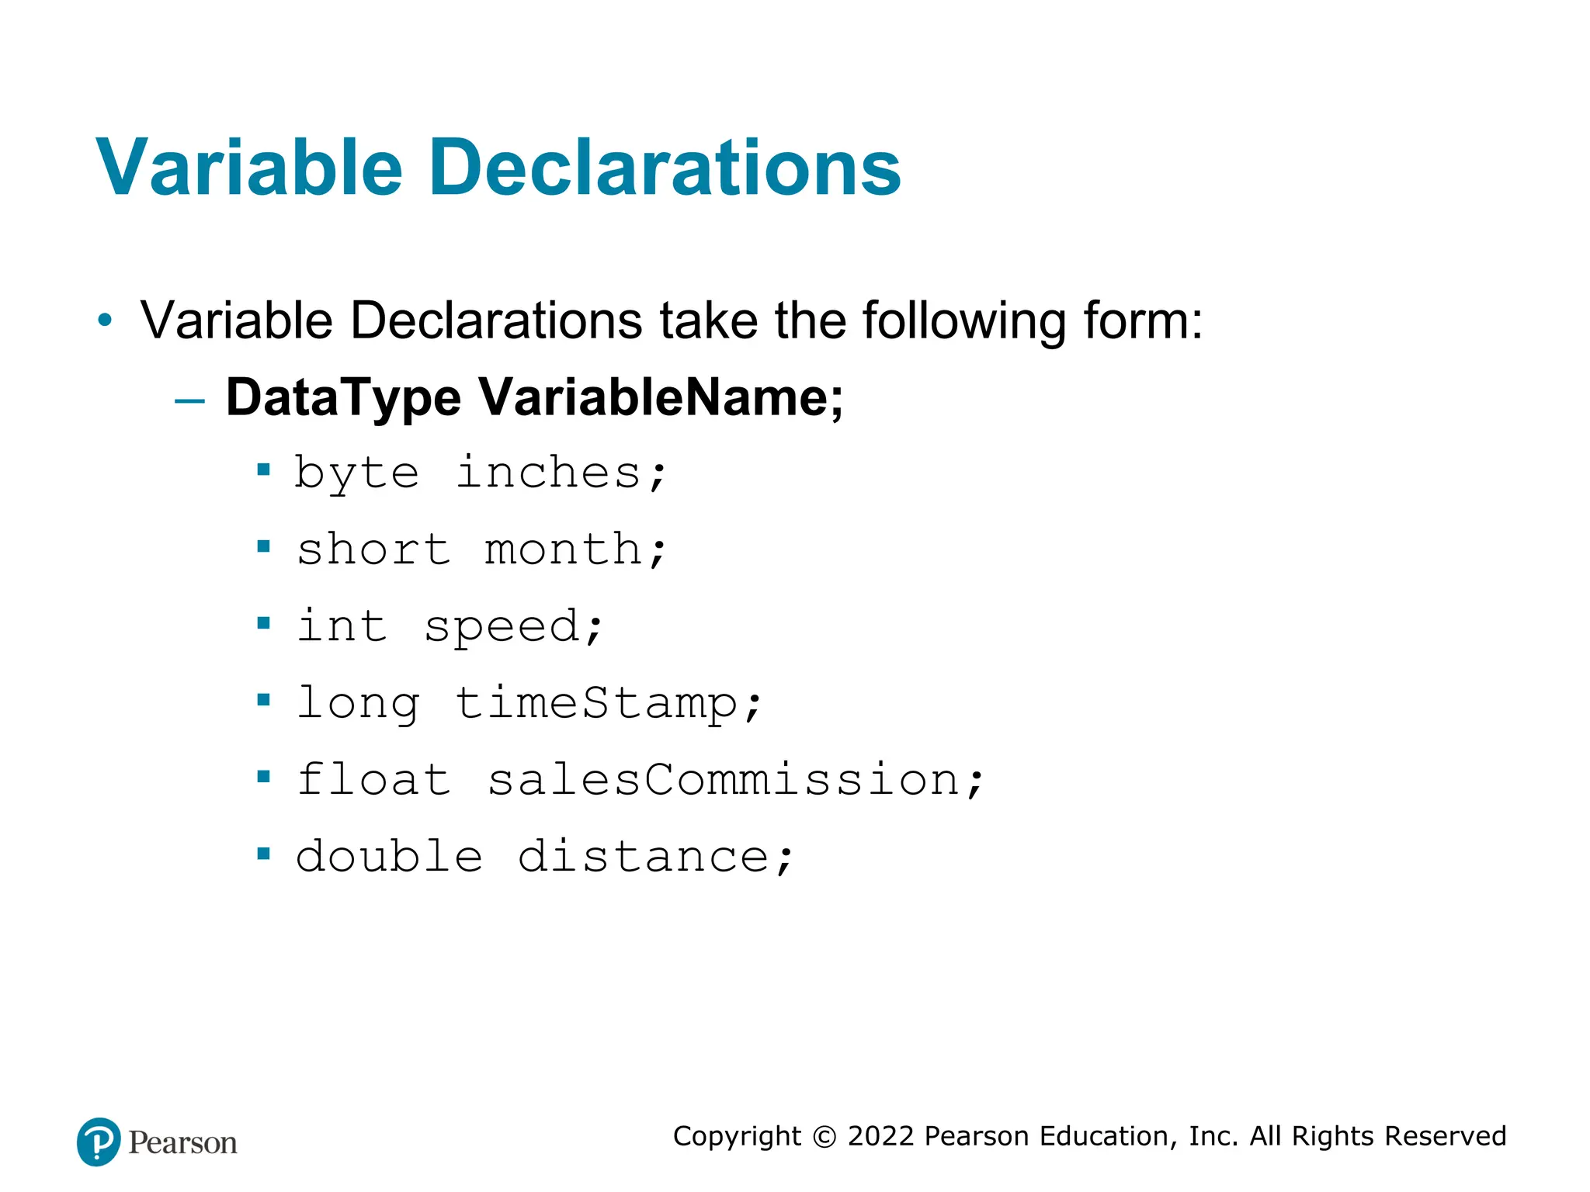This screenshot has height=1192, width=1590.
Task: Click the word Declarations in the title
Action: pos(665,168)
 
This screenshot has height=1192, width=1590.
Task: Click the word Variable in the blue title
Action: pos(249,168)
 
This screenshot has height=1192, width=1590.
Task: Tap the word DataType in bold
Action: pos(343,397)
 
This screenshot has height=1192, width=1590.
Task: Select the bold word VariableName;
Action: pos(661,397)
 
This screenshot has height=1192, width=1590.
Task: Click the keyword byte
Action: pos(357,473)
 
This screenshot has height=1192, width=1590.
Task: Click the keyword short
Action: pos(373,549)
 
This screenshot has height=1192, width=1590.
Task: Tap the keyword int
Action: pos(342,625)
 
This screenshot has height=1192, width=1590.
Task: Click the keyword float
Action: pos(373,779)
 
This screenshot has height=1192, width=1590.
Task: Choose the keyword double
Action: pos(389,856)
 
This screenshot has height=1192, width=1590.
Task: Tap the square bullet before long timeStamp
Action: pos(264,700)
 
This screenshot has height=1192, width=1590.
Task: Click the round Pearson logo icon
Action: pos(99,1142)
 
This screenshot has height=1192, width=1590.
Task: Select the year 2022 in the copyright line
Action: pos(880,1136)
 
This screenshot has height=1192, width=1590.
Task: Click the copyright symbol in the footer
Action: pos(824,1137)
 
